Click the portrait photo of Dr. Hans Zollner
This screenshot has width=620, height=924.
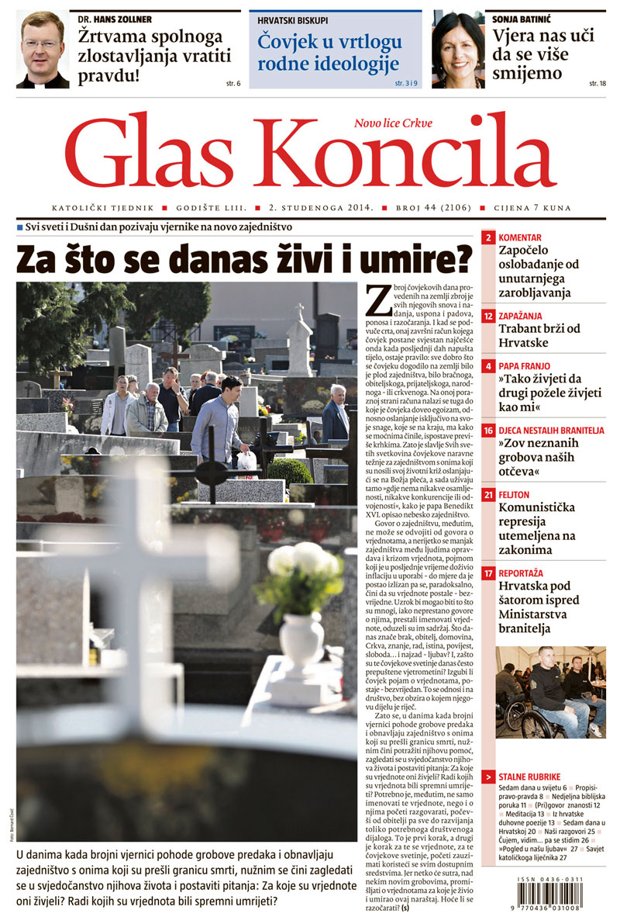pos(43,50)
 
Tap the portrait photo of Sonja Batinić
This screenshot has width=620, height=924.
pos(458,50)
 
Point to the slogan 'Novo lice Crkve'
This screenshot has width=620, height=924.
pos(393,123)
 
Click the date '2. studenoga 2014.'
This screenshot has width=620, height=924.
pos(309,209)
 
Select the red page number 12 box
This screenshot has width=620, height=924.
pos(488,317)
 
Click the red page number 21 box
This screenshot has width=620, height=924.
pos(488,494)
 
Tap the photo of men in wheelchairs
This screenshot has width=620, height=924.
pos(550,691)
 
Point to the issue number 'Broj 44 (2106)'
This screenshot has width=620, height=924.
pos(416,209)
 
